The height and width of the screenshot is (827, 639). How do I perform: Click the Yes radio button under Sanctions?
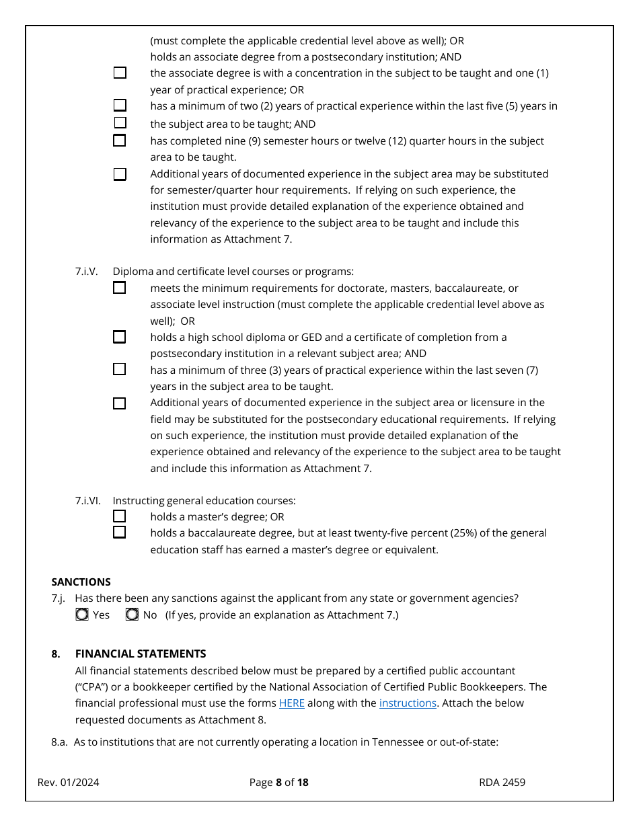(x=82, y=615)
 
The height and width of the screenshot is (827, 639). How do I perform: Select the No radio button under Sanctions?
(x=133, y=615)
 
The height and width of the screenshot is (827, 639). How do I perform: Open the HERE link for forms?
(x=292, y=703)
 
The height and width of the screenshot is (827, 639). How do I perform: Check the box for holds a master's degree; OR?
(x=119, y=516)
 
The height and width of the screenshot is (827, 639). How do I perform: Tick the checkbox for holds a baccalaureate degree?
(x=119, y=533)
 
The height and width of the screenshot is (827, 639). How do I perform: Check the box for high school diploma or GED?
(x=119, y=337)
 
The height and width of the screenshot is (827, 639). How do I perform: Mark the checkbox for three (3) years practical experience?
(x=119, y=369)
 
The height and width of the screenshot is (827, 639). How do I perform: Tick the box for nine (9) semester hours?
(x=119, y=141)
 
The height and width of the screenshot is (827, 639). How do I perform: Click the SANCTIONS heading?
(x=81, y=582)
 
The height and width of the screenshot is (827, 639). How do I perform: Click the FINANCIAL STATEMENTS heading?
(x=141, y=654)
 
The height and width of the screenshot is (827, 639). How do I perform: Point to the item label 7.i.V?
(x=86, y=272)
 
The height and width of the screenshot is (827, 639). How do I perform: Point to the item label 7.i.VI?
(x=87, y=500)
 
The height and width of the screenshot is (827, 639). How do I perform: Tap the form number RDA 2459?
(x=502, y=782)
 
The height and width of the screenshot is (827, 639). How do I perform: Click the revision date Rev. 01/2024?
(x=68, y=782)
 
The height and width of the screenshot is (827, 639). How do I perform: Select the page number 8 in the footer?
(x=278, y=782)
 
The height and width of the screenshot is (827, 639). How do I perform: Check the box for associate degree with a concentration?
(x=119, y=73)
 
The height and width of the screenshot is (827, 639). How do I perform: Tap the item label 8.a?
(x=59, y=742)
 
